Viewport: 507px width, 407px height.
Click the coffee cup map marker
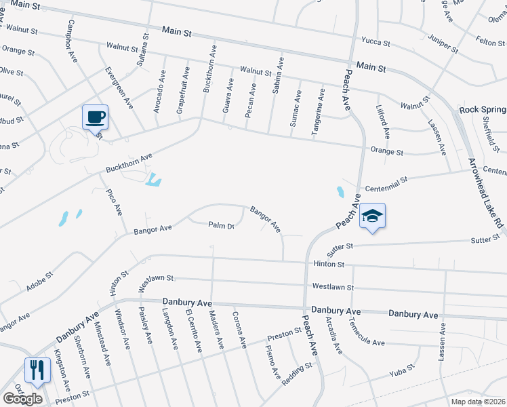[95, 117]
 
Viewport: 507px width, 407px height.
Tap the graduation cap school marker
[372, 216]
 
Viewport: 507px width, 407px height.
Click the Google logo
[22, 398]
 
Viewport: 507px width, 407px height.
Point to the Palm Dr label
[221, 226]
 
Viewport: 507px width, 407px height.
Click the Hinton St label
[329, 263]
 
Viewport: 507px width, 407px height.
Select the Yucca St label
[376, 43]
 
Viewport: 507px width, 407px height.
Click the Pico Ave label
[114, 201]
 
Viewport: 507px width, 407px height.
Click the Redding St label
[296, 374]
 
